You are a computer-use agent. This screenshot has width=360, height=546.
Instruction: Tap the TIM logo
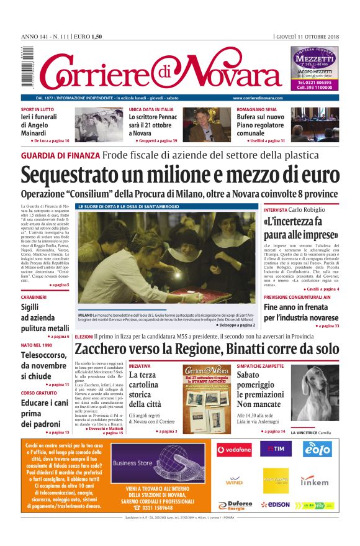click(275, 448)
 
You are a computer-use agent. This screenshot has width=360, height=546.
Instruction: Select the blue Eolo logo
click(317, 448)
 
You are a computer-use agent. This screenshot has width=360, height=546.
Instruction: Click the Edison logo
click(275, 504)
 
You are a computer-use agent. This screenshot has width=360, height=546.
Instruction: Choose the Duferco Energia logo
click(235, 504)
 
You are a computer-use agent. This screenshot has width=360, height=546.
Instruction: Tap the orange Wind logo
click(234, 481)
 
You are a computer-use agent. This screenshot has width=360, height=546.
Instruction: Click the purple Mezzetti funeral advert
click(315, 69)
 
